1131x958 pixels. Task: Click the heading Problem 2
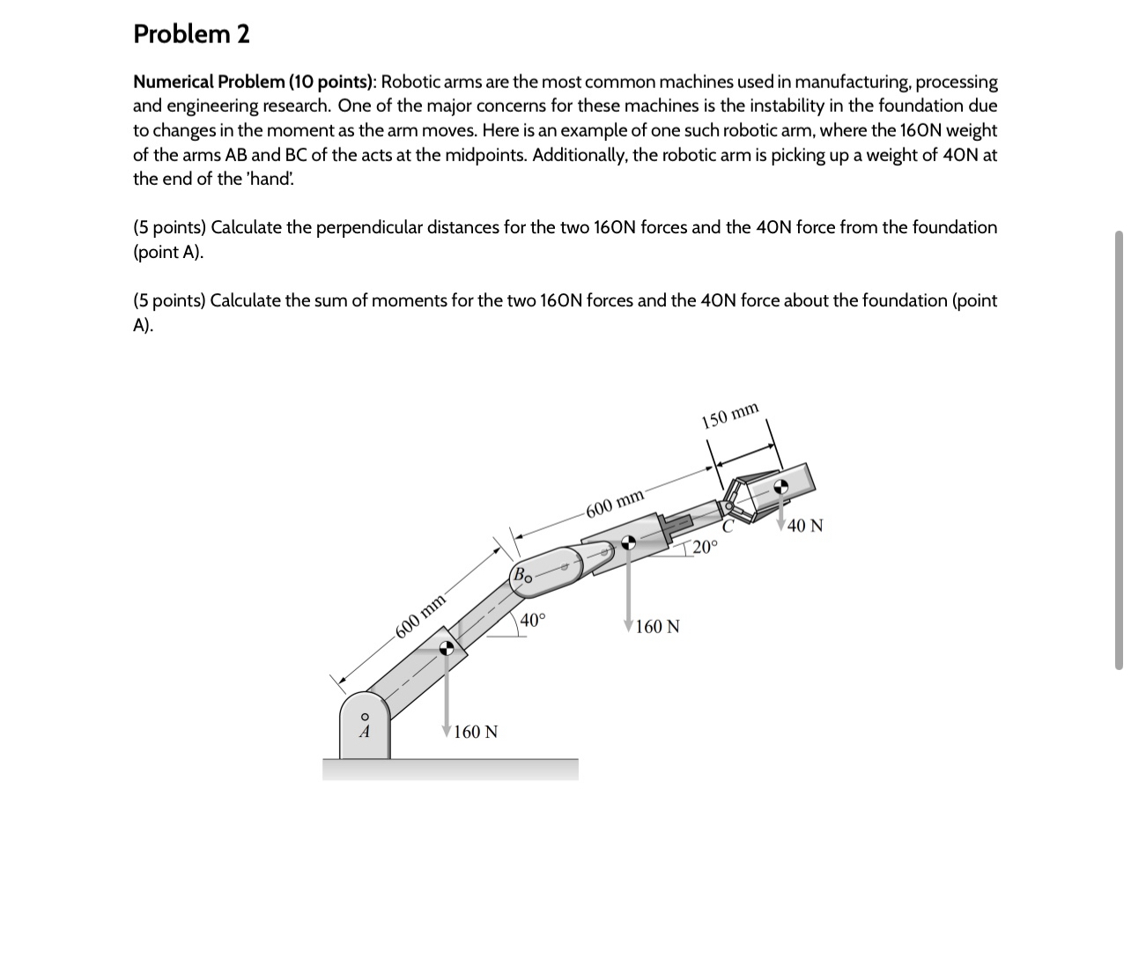coord(191,34)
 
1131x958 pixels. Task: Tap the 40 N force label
coord(805,527)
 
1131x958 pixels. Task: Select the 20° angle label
coord(705,547)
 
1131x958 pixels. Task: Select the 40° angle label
coord(533,620)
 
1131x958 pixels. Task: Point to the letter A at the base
coord(363,731)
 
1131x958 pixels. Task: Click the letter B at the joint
coord(520,576)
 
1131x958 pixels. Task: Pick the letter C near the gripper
coord(728,527)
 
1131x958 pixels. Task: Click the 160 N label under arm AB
coord(476,732)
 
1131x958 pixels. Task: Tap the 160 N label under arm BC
coord(657,627)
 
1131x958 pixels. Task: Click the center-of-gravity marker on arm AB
coord(448,648)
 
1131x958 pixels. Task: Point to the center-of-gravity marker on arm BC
coord(628,543)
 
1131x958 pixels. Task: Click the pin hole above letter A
coord(363,716)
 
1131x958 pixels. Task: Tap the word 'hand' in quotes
coord(271,179)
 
